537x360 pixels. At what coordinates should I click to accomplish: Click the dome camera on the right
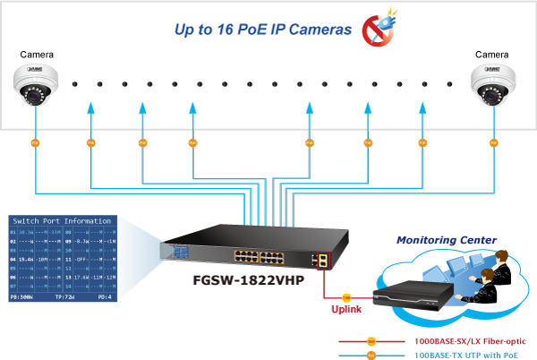(494, 83)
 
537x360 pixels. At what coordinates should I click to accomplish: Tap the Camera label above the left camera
(36, 55)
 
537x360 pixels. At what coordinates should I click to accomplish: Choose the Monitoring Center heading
(447, 240)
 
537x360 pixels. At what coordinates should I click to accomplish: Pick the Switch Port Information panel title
(66, 220)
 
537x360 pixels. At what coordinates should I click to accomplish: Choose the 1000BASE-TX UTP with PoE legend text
(465, 355)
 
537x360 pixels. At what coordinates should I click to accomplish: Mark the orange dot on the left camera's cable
(36, 142)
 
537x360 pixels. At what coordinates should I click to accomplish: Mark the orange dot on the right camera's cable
(493, 142)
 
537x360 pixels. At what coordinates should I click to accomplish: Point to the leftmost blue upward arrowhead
(90, 108)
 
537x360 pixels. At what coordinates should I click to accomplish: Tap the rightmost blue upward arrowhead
(424, 108)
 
